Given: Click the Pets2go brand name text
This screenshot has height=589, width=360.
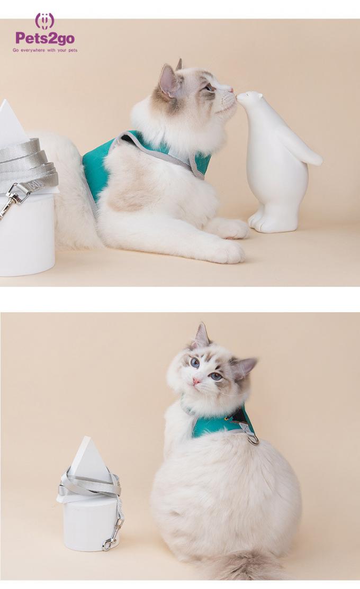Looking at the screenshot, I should [44, 38].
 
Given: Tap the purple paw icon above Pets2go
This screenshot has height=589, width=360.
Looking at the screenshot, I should [44, 20].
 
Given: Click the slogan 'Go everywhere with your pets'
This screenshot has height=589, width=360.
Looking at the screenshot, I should [45, 50].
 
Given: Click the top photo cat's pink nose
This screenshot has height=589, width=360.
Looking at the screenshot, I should [231, 89].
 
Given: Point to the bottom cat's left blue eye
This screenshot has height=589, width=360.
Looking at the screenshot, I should [194, 363].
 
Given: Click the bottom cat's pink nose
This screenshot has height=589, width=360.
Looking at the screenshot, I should [196, 380].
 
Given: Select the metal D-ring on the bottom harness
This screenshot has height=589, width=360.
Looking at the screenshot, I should [253, 439].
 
